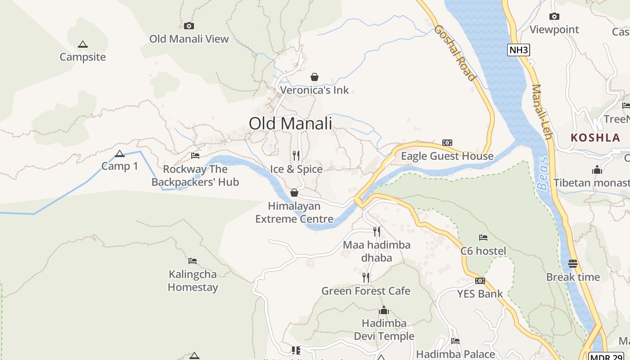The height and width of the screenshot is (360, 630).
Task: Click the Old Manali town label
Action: tap(290, 123)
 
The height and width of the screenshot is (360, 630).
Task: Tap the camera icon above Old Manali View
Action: tap(189, 26)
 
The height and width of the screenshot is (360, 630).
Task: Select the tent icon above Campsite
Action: tap(82, 45)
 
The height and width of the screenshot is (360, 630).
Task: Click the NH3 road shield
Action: tap(518, 50)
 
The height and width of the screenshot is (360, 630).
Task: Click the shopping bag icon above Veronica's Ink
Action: tap(315, 77)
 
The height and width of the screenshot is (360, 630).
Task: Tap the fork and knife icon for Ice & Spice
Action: tap(296, 156)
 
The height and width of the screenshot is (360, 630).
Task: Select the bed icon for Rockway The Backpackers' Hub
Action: tap(195, 156)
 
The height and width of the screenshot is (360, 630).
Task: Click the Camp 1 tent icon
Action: tap(120, 154)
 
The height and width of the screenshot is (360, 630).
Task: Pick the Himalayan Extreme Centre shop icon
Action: tap(294, 193)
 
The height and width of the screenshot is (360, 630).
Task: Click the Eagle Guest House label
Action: tap(447, 156)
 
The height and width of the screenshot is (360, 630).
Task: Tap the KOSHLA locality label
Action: tap(595, 138)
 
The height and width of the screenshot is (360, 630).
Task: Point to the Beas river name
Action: tap(543, 174)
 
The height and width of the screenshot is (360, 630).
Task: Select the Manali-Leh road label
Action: tap(541, 112)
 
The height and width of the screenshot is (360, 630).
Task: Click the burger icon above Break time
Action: tap(573, 264)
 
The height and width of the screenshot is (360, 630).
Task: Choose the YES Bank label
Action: tap(480, 294)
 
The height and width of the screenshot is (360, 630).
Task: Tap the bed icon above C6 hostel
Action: tap(483, 238)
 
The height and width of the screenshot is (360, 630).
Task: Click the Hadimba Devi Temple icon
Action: tap(384, 310)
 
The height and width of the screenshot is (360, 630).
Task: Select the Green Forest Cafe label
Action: tap(365, 291)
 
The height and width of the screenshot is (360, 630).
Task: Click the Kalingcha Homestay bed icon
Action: tap(193, 261)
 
